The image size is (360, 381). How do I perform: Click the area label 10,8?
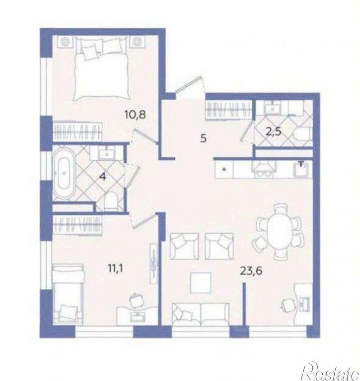135,114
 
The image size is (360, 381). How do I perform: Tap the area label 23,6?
251,270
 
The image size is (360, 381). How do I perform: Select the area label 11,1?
116,269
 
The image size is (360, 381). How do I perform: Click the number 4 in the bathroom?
103,177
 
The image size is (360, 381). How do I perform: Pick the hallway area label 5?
204,138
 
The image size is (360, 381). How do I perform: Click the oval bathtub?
64,173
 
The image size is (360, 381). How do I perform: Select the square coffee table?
201,283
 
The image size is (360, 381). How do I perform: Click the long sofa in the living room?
201,314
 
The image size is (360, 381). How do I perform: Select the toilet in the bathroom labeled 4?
111,202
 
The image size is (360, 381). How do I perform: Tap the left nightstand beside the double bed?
65,42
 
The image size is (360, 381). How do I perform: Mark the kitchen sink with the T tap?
301,168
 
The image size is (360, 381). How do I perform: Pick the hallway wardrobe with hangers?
228,109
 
